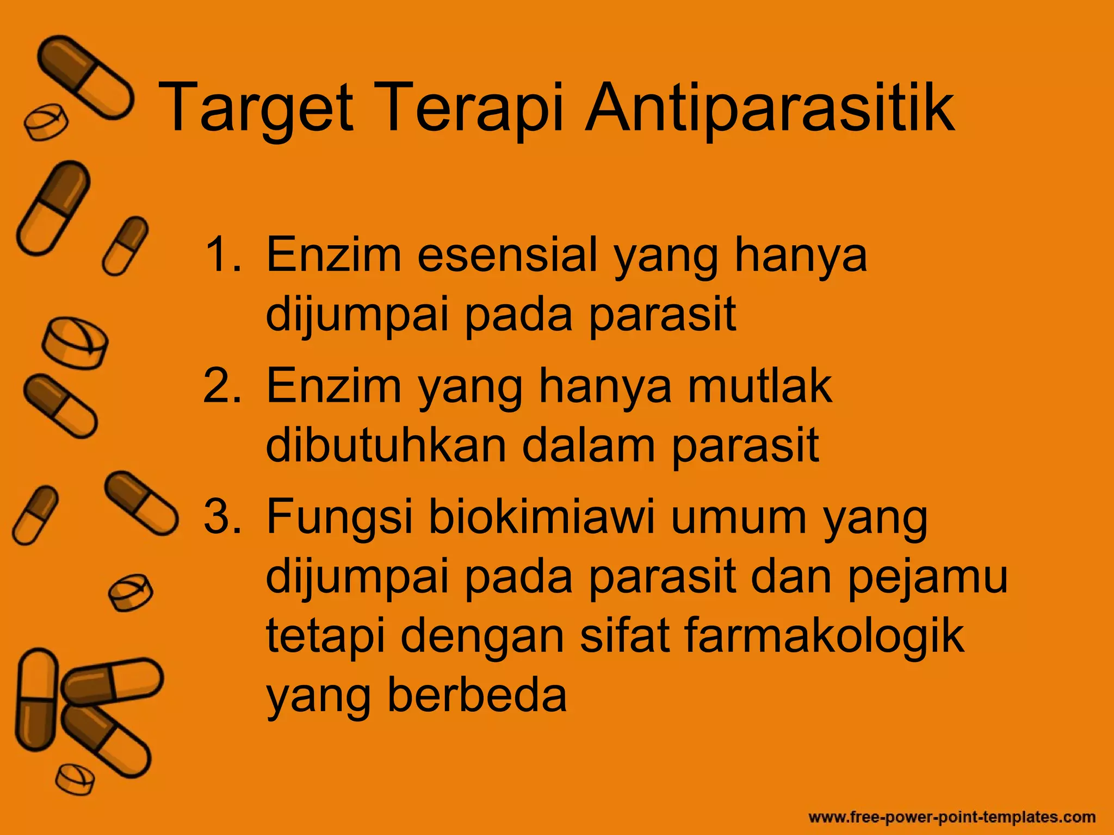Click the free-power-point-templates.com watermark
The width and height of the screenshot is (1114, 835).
click(x=952, y=817)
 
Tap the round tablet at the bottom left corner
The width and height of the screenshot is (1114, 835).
click(x=75, y=780)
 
